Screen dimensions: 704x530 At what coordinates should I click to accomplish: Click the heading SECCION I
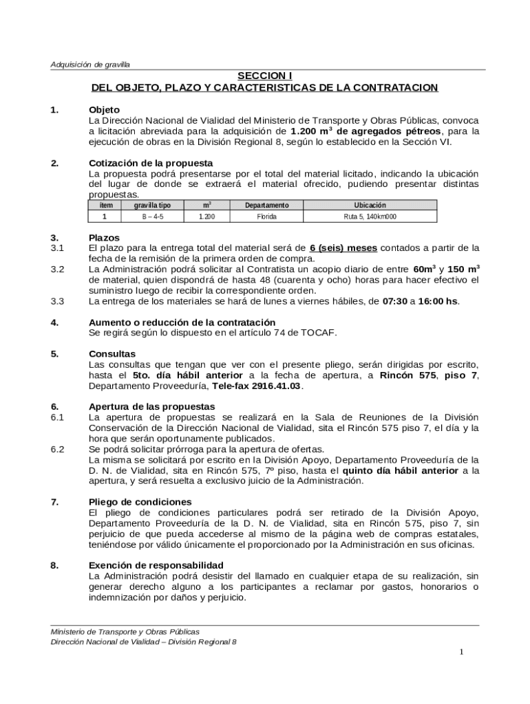click(265, 76)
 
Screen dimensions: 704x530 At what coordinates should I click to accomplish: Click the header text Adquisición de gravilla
click(90, 65)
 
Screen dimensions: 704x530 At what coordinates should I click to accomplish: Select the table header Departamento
click(266, 206)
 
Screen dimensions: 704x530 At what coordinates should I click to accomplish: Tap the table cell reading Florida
click(266, 217)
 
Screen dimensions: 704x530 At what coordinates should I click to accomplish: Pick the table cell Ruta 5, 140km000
click(370, 217)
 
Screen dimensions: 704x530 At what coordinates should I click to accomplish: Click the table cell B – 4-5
click(153, 217)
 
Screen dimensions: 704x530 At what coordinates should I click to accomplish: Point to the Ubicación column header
click(370, 206)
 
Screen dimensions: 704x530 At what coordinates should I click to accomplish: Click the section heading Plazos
click(104, 237)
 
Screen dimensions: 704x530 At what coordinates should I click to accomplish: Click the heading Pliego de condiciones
click(140, 501)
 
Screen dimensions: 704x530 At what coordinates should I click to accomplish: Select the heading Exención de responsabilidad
click(156, 564)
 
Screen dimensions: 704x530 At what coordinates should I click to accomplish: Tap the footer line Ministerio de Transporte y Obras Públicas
click(125, 631)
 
